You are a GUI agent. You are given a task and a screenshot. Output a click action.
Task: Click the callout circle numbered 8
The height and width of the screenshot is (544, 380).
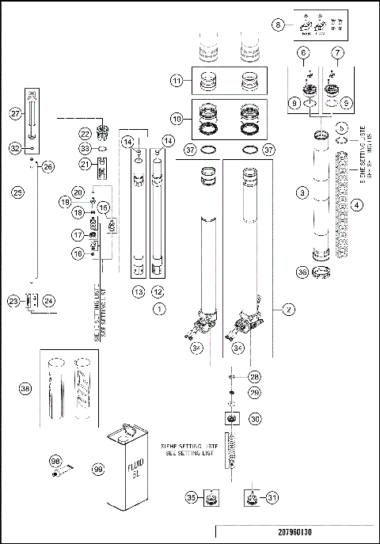coord(277,25)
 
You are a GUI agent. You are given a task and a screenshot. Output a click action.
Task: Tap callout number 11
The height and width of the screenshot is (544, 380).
coord(177,81)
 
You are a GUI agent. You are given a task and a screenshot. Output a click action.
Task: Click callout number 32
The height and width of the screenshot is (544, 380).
coord(15,146)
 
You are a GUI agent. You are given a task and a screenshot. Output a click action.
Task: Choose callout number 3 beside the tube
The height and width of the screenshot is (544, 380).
coord(302,192)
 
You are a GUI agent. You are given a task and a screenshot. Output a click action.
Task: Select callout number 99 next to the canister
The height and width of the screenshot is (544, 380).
coord(98,470)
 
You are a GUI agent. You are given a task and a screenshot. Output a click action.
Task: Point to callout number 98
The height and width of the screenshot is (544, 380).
coord(55,460)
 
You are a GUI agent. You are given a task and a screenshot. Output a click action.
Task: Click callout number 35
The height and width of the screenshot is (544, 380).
coord(190,497)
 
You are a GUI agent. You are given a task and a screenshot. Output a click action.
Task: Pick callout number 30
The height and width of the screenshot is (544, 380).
coord(255,419)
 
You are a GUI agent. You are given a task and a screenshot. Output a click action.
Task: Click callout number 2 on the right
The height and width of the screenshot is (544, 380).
coord(289,310)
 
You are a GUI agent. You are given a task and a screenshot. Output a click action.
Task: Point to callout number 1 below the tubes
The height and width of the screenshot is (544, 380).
coord(158,308)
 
